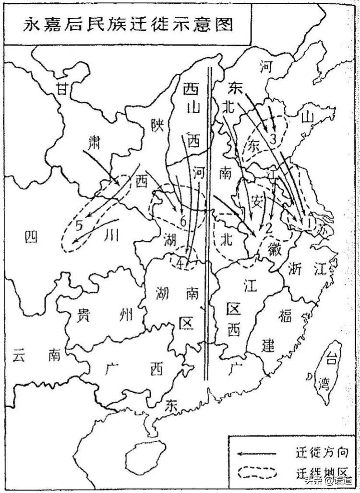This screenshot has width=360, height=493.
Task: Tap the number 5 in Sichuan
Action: pos(80,224)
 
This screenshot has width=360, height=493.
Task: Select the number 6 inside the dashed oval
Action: pos(182,221)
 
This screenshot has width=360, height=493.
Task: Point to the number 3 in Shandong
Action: pos(272,140)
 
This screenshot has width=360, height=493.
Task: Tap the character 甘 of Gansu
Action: pos(60,89)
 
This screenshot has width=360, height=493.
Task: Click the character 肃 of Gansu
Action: pos(94,142)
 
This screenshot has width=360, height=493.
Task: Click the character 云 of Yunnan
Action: pos(19,355)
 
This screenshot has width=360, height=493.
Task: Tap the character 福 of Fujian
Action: pos(284,316)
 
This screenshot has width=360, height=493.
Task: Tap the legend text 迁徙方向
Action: pos(319,452)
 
